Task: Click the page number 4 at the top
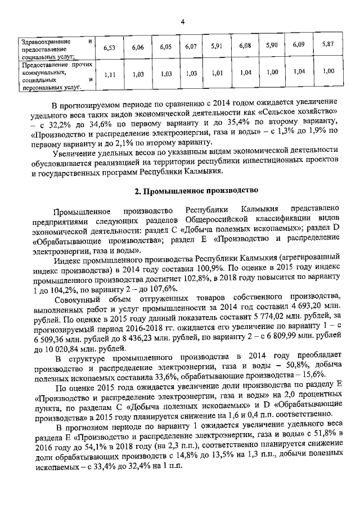(x=183, y=22)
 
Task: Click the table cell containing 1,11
(x=110, y=74)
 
